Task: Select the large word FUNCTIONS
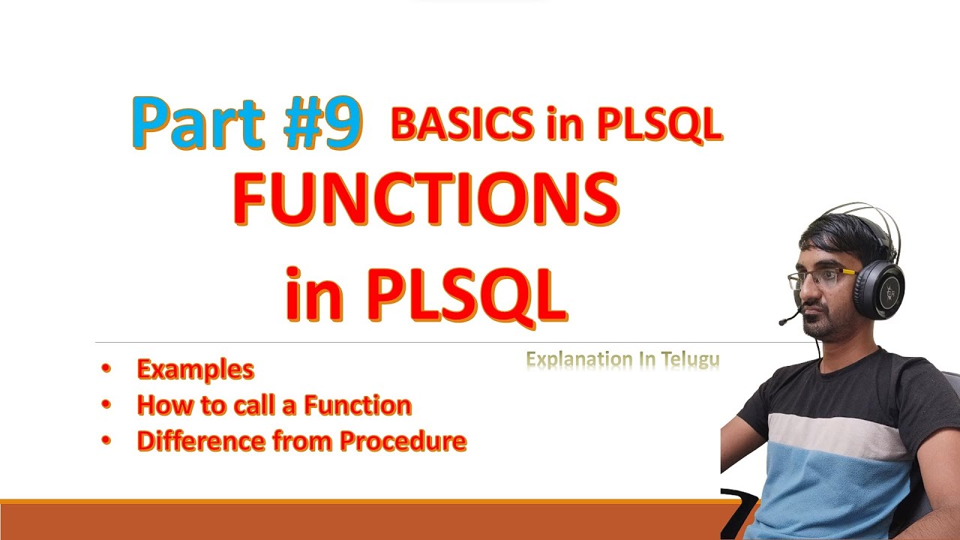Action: (x=426, y=199)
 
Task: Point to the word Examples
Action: (x=195, y=370)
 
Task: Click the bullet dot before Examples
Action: (x=106, y=368)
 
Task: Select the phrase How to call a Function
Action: (x=274, y=406)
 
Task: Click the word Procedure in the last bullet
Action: (x=403, y=441)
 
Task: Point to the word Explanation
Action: (x=580, y=360)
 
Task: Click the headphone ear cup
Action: (x=879, y=290)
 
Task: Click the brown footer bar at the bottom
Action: (x=360, y=522)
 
